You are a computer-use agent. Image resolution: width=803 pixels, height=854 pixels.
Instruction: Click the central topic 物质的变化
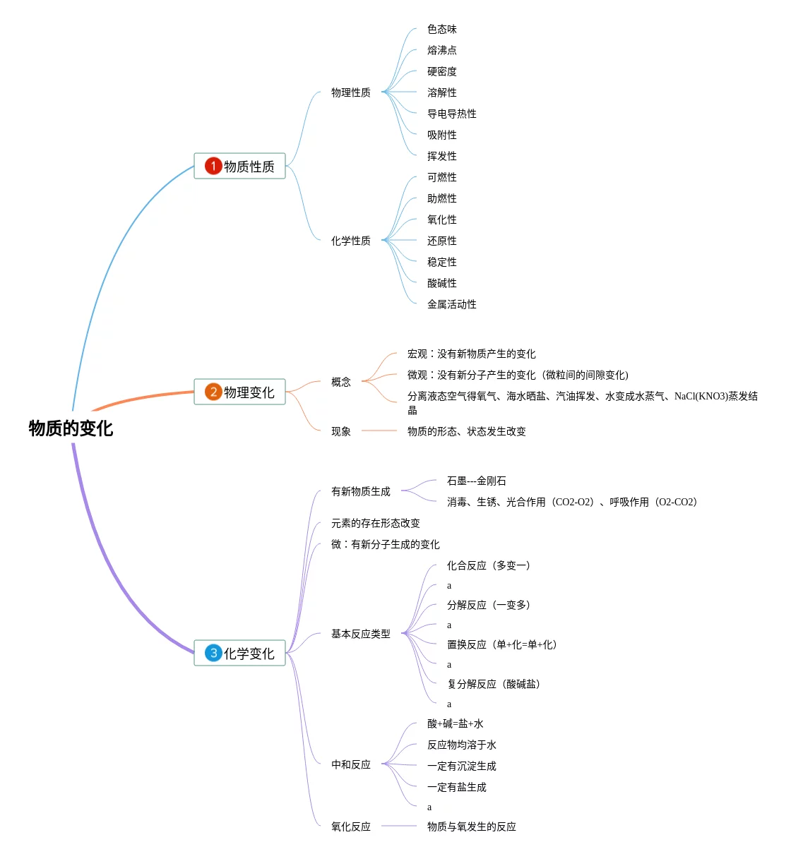pyautogui.click(x=71, y=428)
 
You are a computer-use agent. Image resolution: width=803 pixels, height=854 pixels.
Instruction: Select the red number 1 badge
pyautogui.click(x=213, y=166)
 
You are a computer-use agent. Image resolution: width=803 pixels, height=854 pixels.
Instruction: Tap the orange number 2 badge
pyautogui.click(x=213, y=392)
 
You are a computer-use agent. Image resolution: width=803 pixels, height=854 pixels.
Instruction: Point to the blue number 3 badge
pyautogui.click(x=213, y=653)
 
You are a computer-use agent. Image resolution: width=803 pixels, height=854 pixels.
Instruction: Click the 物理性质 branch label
pyautogui.click(x=350, y=92)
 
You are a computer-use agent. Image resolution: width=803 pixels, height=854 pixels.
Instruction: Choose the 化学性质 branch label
pyautogui.click(x=350, y=241)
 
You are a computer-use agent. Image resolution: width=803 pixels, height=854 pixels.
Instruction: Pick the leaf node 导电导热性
pyautogui.click(x=451, y=114)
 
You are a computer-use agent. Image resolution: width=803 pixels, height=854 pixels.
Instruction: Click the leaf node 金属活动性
pyautogui.click(x=451, y=304)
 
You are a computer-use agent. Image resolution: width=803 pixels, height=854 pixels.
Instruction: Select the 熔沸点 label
pyautogui.click(x=441, y=50)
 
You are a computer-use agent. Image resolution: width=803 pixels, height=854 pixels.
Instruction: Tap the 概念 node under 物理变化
pyautogui.click(x=340, y=382)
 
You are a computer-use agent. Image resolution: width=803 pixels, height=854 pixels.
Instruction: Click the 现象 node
pyautogui.click(x=340, y=431)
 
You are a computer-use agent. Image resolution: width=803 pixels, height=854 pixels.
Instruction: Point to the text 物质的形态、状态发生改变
pyautogui.click(x=466, y=431)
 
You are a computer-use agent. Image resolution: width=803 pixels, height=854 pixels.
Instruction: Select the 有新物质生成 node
pyautogui.click(x=360, y=491)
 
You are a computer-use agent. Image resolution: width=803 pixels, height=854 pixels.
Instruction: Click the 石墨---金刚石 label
pyautogui.click(x=476, y=481)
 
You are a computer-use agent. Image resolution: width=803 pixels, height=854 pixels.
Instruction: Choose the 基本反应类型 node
pyautogui.click(x=360, y=634)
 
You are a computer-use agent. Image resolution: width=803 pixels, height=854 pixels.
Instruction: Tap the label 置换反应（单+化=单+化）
pyautogui.click(x=501, y=644)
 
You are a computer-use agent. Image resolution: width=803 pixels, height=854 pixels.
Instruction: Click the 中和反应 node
pyautogui.click(x=350, y=764)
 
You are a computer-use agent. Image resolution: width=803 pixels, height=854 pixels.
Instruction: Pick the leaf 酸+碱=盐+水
pyautogui.click(x=455, y=723)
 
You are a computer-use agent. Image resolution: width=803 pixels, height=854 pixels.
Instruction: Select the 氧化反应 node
pyautogui.click(x=350, y=826)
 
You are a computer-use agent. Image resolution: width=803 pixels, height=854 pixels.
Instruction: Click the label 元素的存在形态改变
pyautogui.click(x=375, y=523)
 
